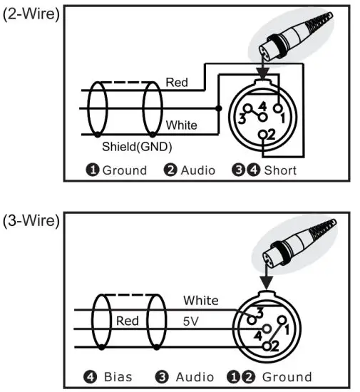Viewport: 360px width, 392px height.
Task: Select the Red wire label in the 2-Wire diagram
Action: pyautogui.click(x=177, y=83)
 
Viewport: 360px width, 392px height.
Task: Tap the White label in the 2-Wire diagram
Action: pyautogui.click(x=181, y=125)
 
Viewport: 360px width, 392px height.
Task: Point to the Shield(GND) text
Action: pyautogui.click(x=136, y=147)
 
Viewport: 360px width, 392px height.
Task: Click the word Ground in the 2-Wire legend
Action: pyautogui.click(x=125, y=170)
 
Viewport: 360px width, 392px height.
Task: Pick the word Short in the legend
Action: pyautogui.click(x=280, y=170)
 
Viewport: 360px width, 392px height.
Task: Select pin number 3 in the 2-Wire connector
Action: pyautogui.click(x=244, y=115)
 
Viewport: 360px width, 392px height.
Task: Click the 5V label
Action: pyautogui.click(x=192, y=321)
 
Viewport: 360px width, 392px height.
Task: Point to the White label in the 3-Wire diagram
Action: pyautogui.click(x=201, y=300)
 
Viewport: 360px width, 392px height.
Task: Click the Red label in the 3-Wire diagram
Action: pyautogui.click(x=128, y=321)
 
